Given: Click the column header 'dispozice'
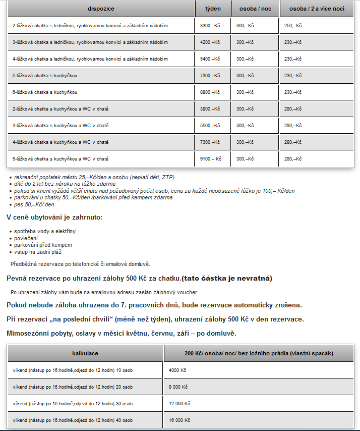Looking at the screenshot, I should [101, 9].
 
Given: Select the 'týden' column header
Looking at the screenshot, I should [213, 9].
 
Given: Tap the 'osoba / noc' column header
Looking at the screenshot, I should [255, 9].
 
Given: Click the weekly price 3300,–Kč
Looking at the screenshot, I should [210, 25].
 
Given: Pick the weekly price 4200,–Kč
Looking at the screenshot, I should [210, 42].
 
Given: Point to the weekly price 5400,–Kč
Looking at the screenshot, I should [210, 59].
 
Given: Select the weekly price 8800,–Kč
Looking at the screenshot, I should [210, 92].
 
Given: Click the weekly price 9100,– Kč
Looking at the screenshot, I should [211, 158].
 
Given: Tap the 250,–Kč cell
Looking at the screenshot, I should [292, 25].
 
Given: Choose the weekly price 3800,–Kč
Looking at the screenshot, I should [210, 109].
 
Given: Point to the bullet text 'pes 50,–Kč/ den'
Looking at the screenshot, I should [34, 204].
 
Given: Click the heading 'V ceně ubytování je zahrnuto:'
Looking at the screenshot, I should [54, 218].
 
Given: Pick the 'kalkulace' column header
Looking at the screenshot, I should [85, 353].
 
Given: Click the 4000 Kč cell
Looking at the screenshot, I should [177, 370].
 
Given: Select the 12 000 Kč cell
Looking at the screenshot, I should [179, 403].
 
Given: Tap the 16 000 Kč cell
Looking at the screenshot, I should [179, 420].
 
